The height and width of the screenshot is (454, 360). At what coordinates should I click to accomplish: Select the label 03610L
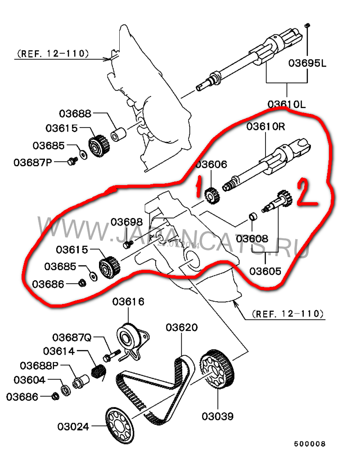click(286, 104)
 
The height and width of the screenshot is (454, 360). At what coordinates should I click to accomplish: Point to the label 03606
click(211, 164)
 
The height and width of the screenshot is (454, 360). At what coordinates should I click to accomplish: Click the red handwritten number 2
click(307, 193)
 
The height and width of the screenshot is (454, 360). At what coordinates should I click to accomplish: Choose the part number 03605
click(265, 271)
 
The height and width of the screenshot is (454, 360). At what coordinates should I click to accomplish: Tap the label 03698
click(127, 222)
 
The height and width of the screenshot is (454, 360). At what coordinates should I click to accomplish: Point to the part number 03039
click(218, 416)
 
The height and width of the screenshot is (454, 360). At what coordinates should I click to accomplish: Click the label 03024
click(73, 426)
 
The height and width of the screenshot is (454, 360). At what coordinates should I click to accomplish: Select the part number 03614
click(59, 351)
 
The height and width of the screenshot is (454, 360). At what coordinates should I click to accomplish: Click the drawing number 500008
click(310, 444)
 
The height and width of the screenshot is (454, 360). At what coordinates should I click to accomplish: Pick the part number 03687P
click(33, 161)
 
